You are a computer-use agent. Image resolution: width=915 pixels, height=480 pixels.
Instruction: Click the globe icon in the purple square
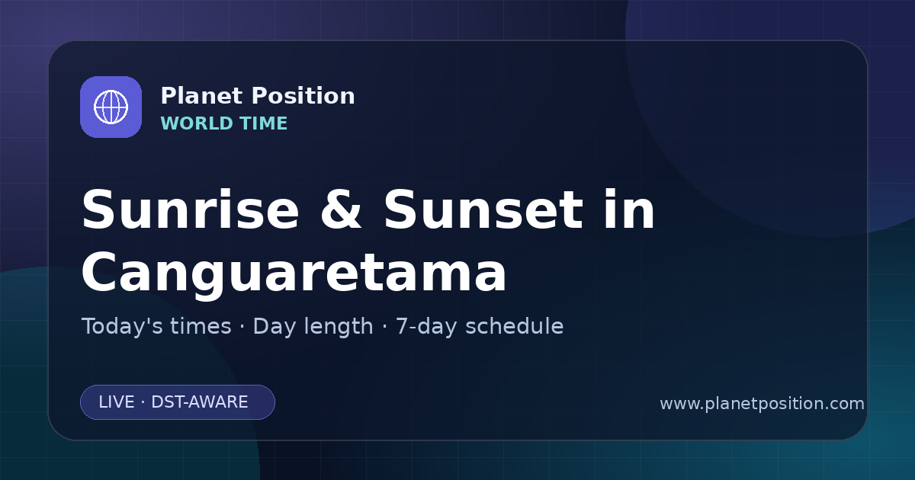pos(111,107)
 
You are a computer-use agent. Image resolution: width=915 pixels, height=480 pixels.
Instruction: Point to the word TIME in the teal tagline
pos(264,123)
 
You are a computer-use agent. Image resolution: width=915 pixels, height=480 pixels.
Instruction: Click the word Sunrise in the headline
pos(191,210)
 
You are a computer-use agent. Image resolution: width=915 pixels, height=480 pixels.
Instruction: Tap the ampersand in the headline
pos(341,210)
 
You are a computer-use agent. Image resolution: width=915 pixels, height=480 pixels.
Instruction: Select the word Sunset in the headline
pos(483,210)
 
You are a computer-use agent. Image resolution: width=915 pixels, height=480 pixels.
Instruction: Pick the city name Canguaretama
pos(294,272)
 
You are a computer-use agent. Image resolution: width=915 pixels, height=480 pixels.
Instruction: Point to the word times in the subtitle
pos(201,326)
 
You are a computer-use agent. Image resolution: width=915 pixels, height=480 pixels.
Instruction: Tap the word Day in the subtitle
pos(274,328)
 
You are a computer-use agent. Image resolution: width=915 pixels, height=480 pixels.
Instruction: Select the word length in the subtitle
pos(339,328)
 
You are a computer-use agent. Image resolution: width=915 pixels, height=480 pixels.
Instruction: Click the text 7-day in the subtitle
pos(425,328)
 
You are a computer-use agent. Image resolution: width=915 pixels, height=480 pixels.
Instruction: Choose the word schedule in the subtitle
pos(514,326)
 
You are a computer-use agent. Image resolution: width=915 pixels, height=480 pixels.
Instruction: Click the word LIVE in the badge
pos(117,402)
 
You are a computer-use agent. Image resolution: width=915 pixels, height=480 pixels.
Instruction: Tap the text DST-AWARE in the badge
pos(199,402)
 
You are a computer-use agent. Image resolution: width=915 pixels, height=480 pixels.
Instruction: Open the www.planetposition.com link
pos(762,404)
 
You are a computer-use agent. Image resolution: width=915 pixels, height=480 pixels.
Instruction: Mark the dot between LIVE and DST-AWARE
pos(143,402)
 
